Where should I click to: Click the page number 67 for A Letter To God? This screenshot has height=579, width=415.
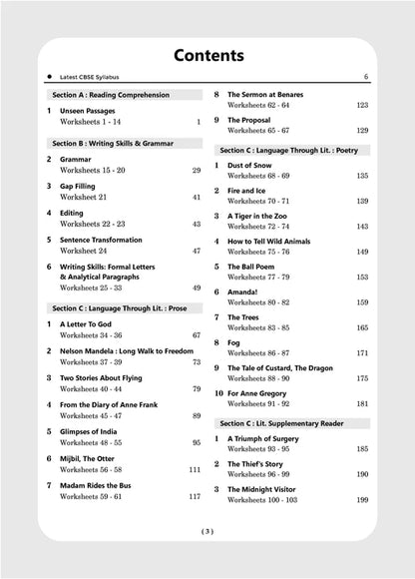coord(197,335)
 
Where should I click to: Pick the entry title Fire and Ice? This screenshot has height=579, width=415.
coord(253,190)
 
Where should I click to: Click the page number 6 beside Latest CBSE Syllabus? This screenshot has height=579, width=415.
coord(366,77)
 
